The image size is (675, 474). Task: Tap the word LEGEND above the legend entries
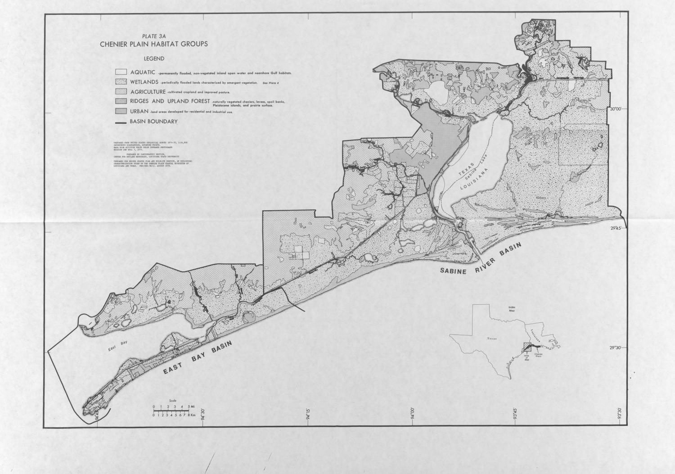coord(154,59)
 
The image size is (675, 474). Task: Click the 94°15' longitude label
coord(309,415)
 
